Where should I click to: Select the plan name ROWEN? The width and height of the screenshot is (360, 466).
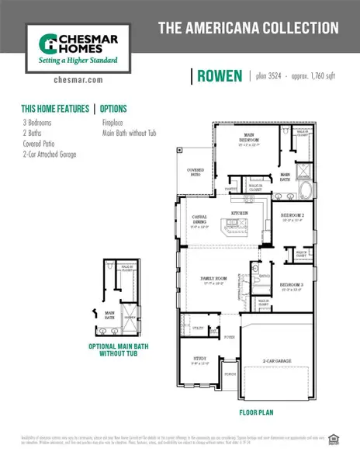point(220,75)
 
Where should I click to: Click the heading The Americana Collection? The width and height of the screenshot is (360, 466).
point(248,29)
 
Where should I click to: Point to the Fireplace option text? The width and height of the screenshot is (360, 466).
point(117,123)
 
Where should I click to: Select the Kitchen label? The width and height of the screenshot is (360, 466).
point(239,212)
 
